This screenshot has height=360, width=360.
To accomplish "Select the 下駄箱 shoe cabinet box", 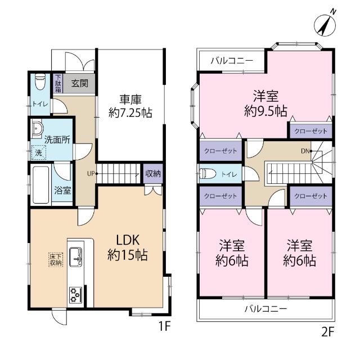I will click(58, 83).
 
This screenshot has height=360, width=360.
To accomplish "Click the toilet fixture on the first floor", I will click(39, 83).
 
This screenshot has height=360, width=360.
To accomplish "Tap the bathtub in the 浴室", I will click(41, 185).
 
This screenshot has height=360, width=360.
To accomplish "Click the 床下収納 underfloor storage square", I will click(55, 259).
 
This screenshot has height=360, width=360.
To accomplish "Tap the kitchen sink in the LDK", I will click(76, 256).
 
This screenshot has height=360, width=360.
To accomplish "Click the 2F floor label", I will click(327, 331).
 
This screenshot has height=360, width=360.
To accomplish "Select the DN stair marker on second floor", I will click(305, 151).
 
